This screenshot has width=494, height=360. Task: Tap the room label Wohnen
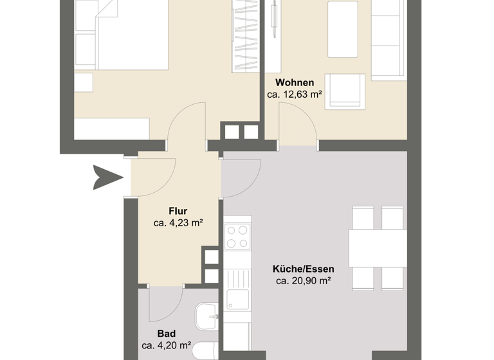pyautogui.click(x=295, y=83)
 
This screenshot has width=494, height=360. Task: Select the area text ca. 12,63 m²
pyautogui.click(x=295, y=95)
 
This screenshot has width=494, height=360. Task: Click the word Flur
pyautogui.click(x=178, y=211)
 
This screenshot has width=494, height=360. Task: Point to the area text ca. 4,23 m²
pyautogui.click(x=178, y=223)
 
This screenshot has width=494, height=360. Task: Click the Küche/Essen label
pyautogui.click(x=303, y=268)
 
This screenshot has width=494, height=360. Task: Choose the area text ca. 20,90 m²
pyautogui.click(x=303, y=280)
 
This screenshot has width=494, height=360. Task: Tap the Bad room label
pyautogui.click(x=166, y=334)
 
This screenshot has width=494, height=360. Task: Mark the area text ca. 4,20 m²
pyautogui.click(x=166, y=346)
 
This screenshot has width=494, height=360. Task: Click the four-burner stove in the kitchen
pyautogui.click(x=237, y=236)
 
